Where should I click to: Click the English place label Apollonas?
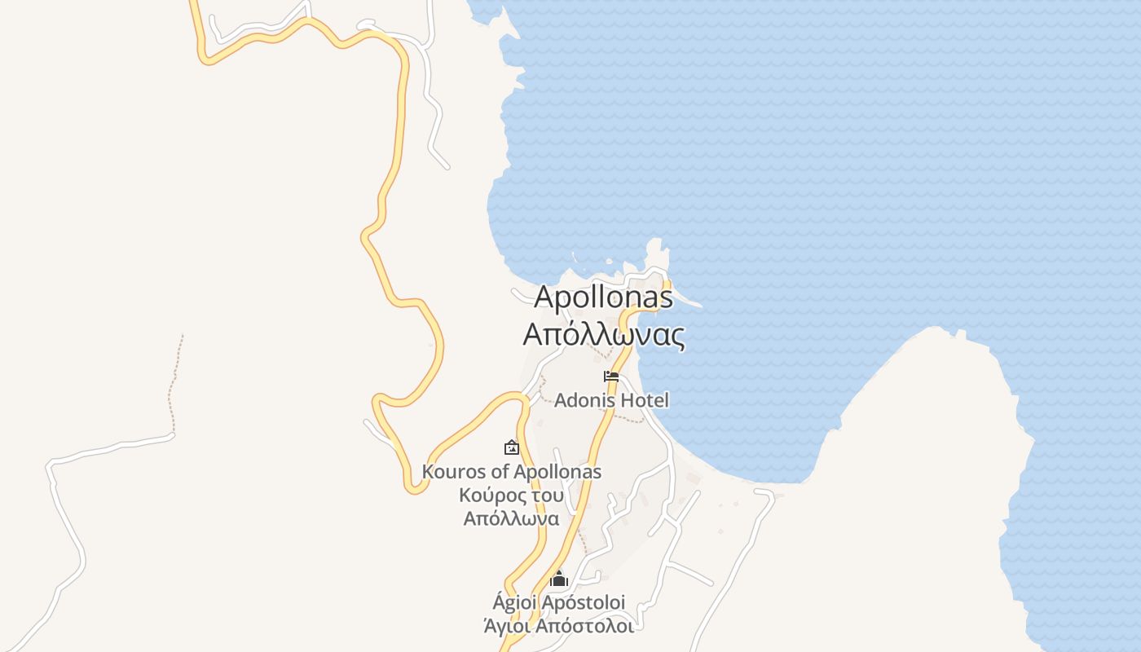pos(603,297)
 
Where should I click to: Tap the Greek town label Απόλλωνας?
pos(603,334)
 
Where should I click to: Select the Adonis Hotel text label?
pos(611,400)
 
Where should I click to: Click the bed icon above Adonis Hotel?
pos(611,377)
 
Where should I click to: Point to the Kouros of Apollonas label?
pos(512,471)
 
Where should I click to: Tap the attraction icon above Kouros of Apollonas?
pos(512,447)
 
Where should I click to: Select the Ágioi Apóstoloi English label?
pos(558,602)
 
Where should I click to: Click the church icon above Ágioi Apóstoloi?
pos(558,579)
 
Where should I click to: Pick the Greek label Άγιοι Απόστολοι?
pos(558,626)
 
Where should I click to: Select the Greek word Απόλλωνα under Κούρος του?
pos(512,518)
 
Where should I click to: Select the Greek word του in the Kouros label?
pos(544,495)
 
